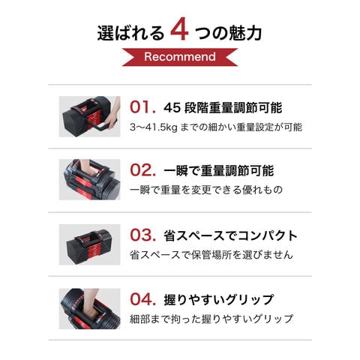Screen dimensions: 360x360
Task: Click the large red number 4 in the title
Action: coord(179,29)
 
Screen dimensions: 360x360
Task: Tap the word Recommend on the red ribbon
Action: coord(180,57)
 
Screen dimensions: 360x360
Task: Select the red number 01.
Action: coord(142,107)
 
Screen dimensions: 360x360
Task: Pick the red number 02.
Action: coord(142,170)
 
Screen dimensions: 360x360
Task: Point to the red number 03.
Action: coord(142,235)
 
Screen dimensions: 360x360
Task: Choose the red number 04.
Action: coord(142,299)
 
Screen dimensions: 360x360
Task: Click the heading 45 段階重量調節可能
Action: coord(223,108)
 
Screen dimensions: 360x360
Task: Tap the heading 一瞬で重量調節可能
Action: coord(219,171)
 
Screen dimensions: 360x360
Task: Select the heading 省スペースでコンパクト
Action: coord(230,235)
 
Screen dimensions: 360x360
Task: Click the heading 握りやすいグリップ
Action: coord(219,300)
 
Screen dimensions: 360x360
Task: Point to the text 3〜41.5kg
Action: coord(154,127)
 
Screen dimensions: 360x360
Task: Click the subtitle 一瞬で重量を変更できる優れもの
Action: coord(206,190)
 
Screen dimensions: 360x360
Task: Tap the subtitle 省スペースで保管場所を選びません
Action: coord(211,255)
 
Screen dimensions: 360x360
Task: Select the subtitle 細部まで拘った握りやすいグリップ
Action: coord(211,319)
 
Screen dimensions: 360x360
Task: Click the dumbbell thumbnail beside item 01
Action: coord(89,116)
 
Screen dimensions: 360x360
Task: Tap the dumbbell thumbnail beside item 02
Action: coord(89,179)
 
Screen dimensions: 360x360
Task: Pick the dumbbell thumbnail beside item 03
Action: coord(89,244)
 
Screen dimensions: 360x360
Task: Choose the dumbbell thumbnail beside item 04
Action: coord(89,309)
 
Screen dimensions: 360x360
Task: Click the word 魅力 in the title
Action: coord(245,33)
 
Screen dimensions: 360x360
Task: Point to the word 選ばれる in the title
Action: coord(130,33)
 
